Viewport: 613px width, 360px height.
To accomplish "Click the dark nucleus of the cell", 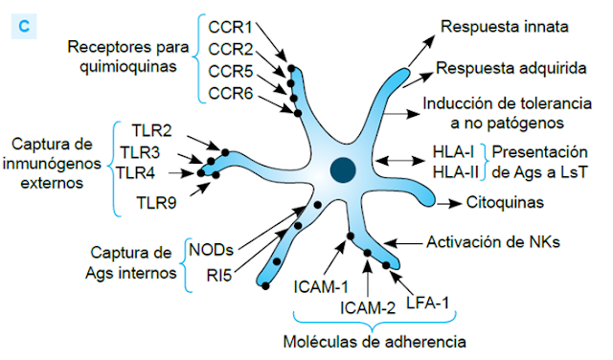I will click(x=341, y=170).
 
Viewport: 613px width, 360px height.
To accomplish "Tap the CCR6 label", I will click(x=230, y=92).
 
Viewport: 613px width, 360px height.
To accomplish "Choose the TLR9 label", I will click(x=157, y=202).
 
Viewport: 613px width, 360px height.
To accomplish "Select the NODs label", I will click(x=211, y=249).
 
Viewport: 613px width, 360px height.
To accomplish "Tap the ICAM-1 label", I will click(x=321, y=284).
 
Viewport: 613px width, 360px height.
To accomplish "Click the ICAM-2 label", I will click(x=369, y=307).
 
